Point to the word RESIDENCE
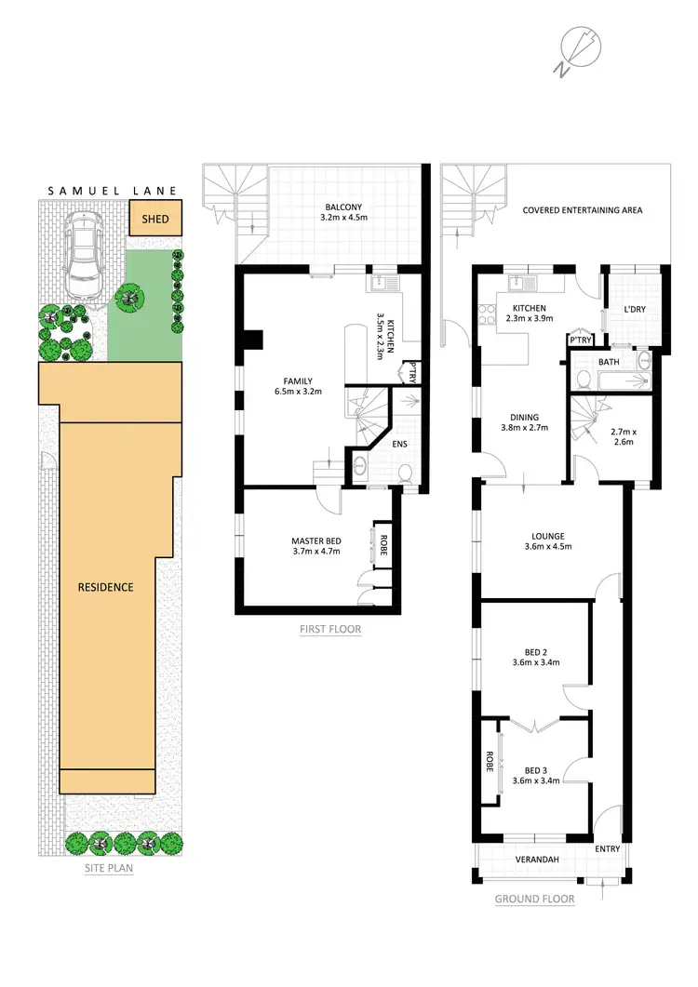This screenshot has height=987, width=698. tap(105, 587)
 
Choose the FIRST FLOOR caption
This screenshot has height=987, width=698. tap(330, 629)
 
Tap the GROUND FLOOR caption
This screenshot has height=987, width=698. tap(534, 899)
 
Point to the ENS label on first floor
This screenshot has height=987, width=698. tap(400, 444)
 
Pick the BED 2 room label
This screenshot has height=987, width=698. tap(535, 656)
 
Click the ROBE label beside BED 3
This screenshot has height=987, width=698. tap(488, 764)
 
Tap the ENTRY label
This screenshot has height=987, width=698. tap(609, 848)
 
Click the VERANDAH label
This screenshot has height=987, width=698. tap(537, 860)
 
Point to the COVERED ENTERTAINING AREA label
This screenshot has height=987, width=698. tap(583, 210)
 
